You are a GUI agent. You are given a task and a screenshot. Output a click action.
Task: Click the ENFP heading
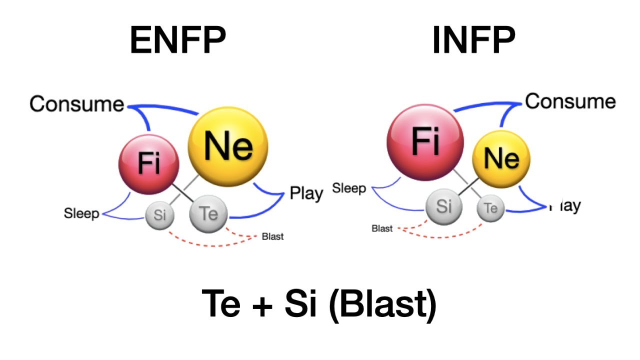tap(177, 41)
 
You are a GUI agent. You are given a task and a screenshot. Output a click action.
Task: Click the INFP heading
tap(473, 41)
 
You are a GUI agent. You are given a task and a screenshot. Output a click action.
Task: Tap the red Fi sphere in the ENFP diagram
tap(148, 163)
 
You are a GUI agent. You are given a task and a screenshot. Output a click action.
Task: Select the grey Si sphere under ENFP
tap(159, 215)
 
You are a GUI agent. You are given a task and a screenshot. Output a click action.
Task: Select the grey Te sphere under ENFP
tap(208, 214)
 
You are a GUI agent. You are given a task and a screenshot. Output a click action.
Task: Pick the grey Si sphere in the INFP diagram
tap(443, 206)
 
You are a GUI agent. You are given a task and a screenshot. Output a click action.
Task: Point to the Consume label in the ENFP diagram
tap(76, 104)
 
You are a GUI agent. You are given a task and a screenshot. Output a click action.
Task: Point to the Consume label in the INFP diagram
tap(570, 101)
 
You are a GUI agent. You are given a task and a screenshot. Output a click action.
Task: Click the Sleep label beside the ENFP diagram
tap(81, 214)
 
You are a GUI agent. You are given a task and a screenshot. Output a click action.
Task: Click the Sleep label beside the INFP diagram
tap(349, 189)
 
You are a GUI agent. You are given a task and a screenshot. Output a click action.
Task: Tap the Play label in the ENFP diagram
tap(306, 193)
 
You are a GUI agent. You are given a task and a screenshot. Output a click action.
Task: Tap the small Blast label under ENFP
tap(272, 236)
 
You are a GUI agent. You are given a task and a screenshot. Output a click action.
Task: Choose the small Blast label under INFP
tap(382, 228)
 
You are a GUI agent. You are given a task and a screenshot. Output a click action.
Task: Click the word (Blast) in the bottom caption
tap(383, 305)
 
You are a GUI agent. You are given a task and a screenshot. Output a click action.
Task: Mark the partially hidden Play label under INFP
tap(565, 205)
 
